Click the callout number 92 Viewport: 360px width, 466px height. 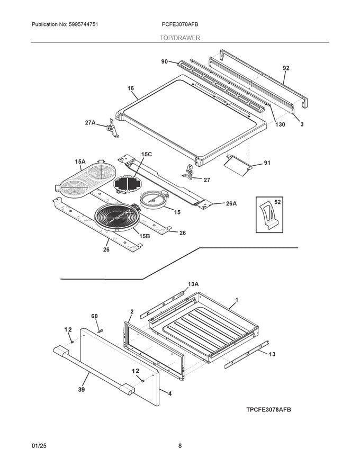pos(286,68)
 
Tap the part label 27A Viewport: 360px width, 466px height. pos(90,123)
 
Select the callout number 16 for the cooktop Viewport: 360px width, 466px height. pos(131,88)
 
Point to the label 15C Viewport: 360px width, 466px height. pos(146,154)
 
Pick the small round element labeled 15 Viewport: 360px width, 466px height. pos(153,201)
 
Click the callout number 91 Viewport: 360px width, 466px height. pos(267,163)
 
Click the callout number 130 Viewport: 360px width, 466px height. pos(280,124)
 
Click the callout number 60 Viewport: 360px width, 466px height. pos(95,316)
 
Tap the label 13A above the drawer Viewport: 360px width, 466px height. pos(194,284)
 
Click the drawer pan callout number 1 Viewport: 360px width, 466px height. pos(237,300)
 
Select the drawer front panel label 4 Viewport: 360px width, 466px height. pos(169,393)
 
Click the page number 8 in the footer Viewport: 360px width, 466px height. pos(180,446)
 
